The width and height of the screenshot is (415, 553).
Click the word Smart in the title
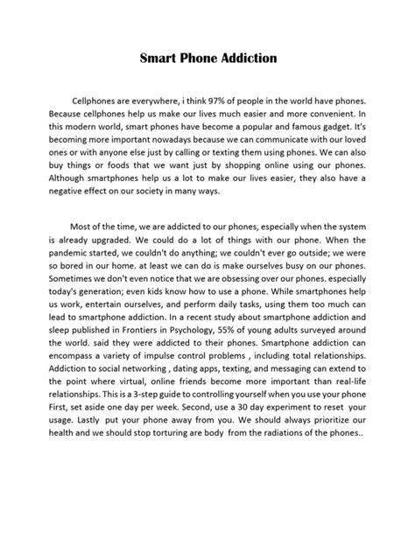(160, 59)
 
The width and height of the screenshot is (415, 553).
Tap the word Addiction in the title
(248, 59)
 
